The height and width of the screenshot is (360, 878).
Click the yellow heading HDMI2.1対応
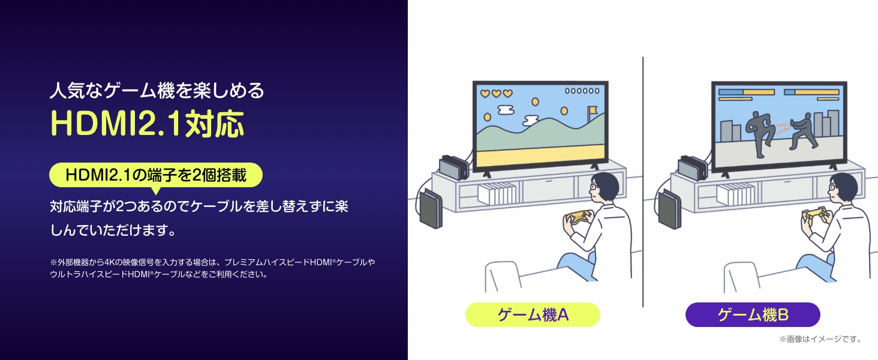tap(148, 124)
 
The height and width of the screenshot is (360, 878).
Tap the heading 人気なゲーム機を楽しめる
tap(157, 91)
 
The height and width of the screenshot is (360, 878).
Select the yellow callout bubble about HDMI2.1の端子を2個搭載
tap(155, 175)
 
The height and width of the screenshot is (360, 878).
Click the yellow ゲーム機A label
tap(533, 314)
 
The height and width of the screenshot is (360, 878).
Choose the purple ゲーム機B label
tap(753, 314)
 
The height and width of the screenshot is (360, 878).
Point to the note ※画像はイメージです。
tap(820, 339)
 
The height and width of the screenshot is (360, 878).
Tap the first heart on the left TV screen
tap(485, 94)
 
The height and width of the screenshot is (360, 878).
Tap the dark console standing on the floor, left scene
tap(431, 209)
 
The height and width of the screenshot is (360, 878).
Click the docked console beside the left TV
tap(454, 167)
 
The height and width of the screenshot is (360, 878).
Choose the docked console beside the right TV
tap(693, 168)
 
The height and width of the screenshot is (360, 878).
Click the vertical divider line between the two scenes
tap(643, 182)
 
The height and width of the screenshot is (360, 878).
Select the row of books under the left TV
tap(497, 193)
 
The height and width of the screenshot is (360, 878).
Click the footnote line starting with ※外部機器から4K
tap(212, 262)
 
